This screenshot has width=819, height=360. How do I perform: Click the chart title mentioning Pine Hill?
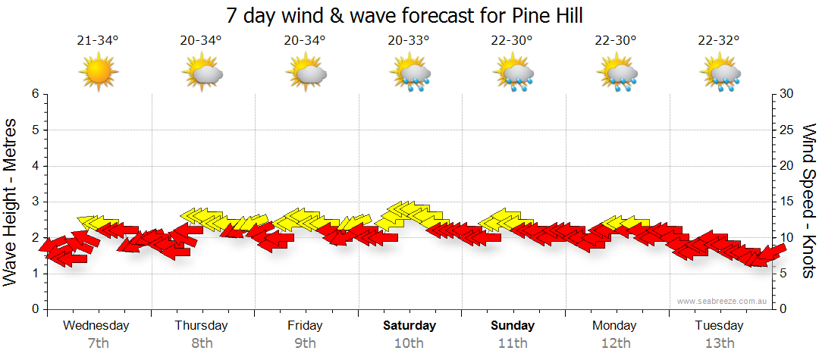409,15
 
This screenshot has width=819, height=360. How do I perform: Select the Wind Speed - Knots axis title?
808,202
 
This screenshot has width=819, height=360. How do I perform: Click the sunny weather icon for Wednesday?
98,72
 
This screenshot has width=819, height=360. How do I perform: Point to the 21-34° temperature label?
98,41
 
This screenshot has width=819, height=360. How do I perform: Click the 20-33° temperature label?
409,41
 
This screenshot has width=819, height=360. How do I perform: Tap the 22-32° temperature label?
719,41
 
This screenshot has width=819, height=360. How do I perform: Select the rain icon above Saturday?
409,73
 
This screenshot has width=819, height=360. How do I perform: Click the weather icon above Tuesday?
719,73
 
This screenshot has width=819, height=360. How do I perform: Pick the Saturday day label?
409,326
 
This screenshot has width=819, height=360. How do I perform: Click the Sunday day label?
513,326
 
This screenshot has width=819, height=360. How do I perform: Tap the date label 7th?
98,343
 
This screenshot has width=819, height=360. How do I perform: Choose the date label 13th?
719,343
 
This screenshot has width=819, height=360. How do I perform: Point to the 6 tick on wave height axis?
35,94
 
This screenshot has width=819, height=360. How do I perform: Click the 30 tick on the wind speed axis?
787,94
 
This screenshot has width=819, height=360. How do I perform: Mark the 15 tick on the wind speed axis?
787,202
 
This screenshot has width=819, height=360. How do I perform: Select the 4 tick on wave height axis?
35,166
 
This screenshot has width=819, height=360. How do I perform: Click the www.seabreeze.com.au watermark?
723,301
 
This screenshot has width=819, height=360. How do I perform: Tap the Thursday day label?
201,326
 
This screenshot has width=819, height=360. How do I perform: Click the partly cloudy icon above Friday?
306,73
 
